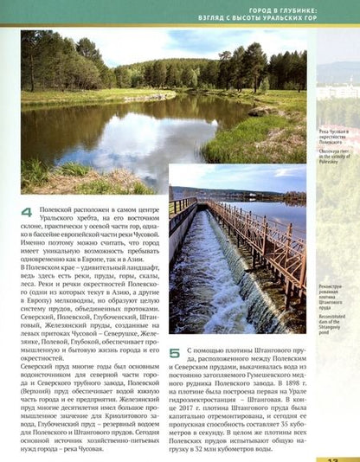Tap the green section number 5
(175, 353)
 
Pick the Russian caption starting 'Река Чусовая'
(333, 135)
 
